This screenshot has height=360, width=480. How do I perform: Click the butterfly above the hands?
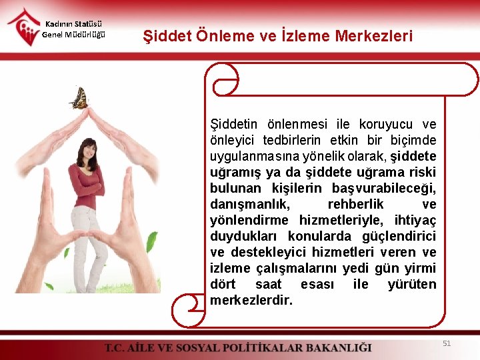point(79,99)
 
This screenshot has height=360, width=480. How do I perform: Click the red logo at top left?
point(23,26)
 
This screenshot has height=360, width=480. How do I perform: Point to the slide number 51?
point(447,343)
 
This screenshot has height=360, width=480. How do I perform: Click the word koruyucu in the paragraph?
point(385,124)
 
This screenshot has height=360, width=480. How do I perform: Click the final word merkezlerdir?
point(251,300)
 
